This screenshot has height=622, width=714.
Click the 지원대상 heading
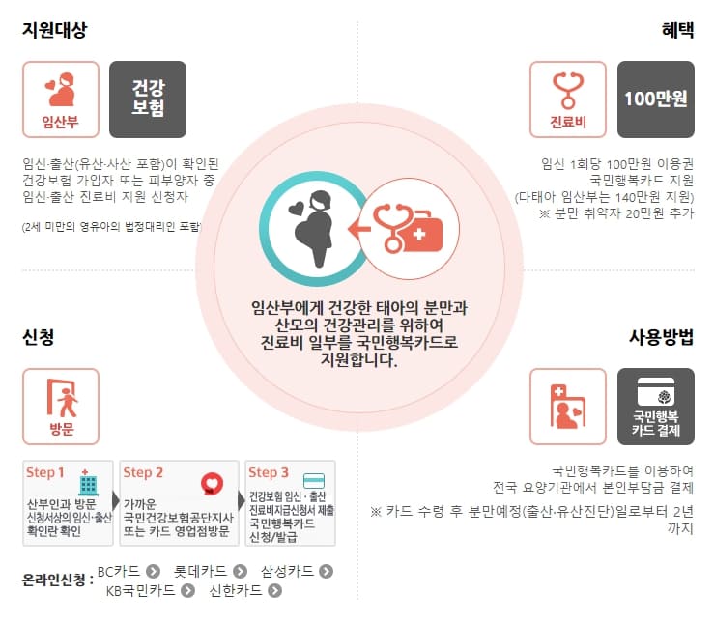tap(55, 30)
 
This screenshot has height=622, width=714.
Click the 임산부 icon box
tap(61, 99)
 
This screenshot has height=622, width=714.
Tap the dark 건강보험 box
tap(148, 99)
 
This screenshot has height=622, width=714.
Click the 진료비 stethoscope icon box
tap(568, 99)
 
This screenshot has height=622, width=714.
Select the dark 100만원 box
tap(655, 99)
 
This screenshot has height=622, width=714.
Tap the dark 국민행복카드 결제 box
tap(655, 407)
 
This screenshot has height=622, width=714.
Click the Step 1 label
tap(45, 473)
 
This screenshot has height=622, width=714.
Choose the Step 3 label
tap(268, 473)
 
